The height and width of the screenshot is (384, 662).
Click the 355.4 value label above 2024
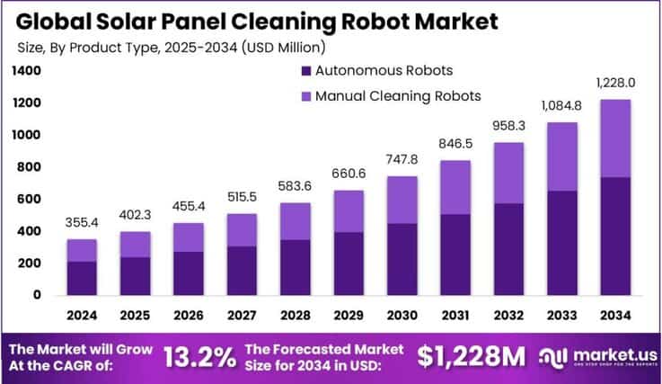(x=83, y=223)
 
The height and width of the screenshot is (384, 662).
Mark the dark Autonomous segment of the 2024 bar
(x=83, y=278)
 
